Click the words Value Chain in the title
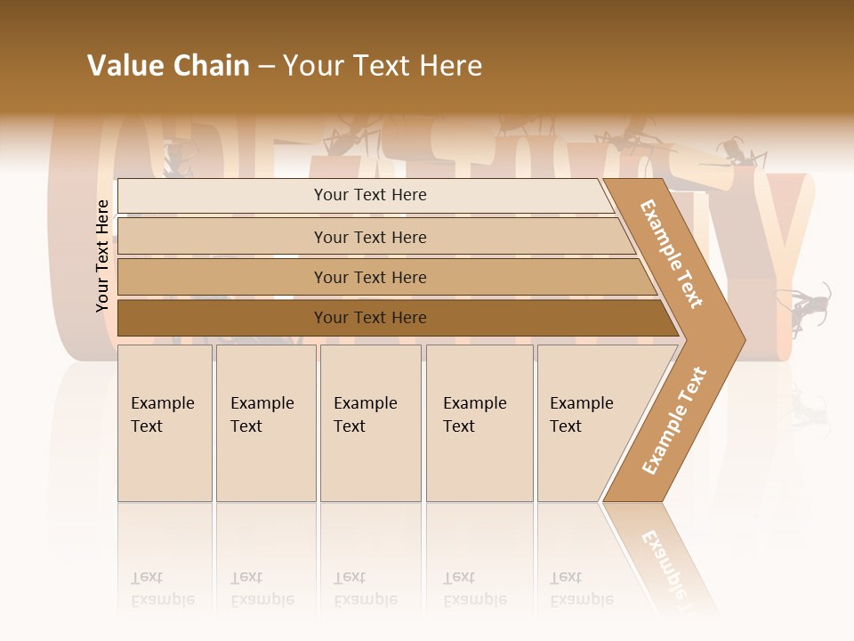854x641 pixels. pyautogui.click(x=168, y=66)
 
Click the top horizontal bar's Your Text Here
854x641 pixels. pyautogui.click(x=369, y=195)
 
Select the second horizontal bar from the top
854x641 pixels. pyautogui.click(x=369, y=237)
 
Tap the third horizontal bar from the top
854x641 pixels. pyautogui.click(x=369, y=277)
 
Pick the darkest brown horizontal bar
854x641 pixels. pyautogui.click(x=369, y=318)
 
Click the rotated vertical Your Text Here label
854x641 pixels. pyautogui.click(x=102, y=256)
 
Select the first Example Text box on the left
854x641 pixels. pyautogui.click(x=165, y=422)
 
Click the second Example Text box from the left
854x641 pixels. pyautogui.click(x=266, y=422)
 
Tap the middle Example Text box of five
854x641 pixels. pyautogui.click(x=370, y=422)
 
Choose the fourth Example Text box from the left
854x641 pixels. pyautogui.click(x=479, y=422)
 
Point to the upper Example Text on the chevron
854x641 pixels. pyautogui.click(x=672, y=254)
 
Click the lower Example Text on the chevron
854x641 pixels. pyautogui.click(x=674, y=420)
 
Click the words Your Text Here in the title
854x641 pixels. pyautogui.click(x=383, y=66)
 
